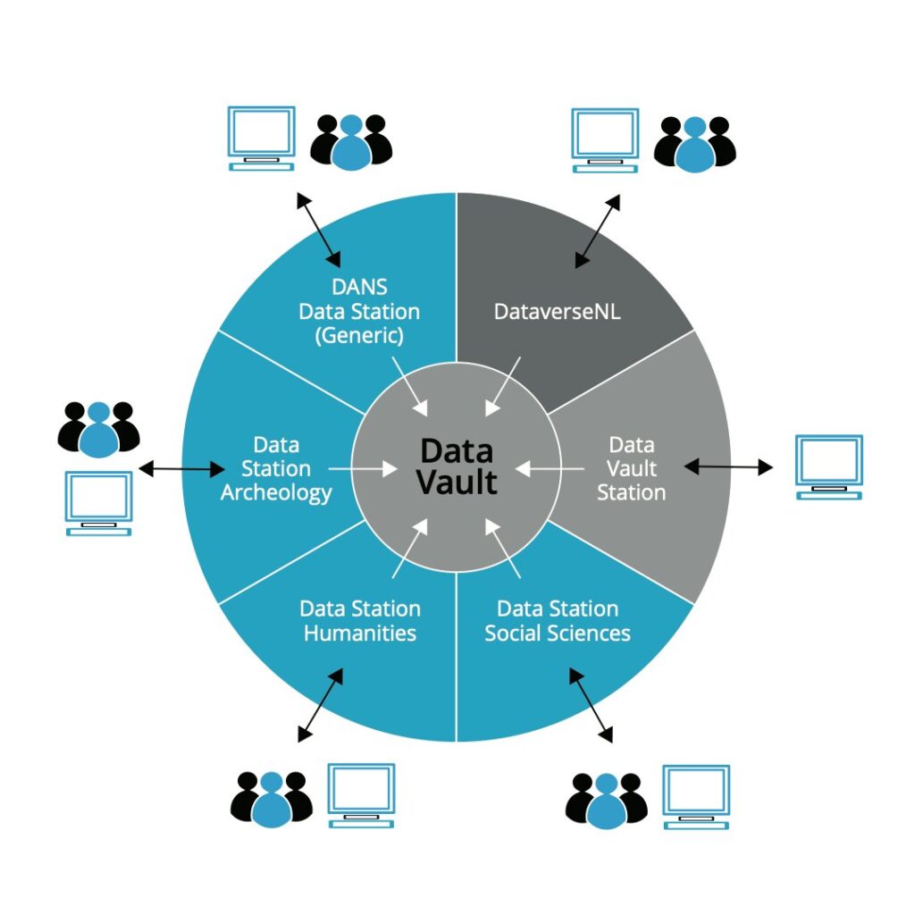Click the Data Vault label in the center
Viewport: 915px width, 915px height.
(457, 466)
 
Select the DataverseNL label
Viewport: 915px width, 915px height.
(558, 312)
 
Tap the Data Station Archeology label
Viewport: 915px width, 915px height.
(276, 468)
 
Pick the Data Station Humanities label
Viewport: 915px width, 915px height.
(360, 621)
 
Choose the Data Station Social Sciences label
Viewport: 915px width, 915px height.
(558, 621)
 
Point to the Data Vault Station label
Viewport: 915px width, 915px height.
(632, 468)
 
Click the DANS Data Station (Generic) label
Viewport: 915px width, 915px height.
(359, 312)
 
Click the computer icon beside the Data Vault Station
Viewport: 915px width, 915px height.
(829, 466)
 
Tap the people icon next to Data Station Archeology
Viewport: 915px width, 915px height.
(99, 428)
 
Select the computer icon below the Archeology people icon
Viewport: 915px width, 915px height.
(99, 503)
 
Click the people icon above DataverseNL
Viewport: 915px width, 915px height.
(694, 143)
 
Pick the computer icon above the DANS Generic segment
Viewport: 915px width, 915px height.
(261, 139)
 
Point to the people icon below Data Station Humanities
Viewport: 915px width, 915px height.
(272, 798)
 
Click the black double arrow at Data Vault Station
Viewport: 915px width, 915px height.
(728, 466)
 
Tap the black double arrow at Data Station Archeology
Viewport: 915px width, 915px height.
(182, 467)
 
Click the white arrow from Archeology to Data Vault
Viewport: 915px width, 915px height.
(363, 467)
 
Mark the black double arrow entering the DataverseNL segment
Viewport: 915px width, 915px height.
(598, 231)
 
